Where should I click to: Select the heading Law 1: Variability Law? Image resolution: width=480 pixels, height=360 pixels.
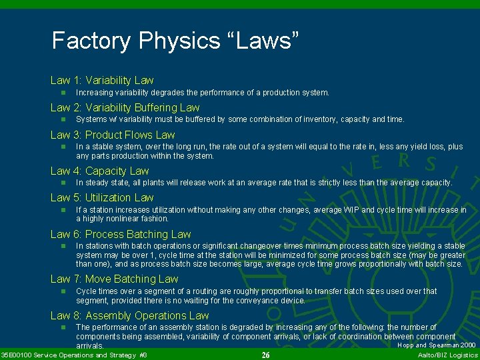click(102, 80)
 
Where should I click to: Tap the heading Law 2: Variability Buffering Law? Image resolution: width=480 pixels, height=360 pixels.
click(125, 107)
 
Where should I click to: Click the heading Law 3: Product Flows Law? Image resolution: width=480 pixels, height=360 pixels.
click(112, 135)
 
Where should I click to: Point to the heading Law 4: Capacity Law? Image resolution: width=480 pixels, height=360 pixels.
click(99, 171)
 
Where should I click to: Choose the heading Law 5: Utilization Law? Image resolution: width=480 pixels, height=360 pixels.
click(102, 197)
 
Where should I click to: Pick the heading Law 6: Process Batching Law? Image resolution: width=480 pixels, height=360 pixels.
click(121, 234)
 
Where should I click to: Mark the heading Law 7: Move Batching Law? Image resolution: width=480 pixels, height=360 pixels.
click(114, 279)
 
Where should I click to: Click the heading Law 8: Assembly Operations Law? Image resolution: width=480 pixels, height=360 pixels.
click(129, 315)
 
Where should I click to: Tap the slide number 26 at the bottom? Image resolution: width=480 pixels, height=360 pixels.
click(265, 355)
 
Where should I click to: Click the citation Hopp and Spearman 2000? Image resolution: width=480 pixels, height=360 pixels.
click(437, 345)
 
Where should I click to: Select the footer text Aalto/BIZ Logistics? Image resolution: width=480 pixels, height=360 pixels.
click(447, 355)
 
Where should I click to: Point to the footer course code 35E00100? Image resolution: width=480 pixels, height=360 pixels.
click(16, 355)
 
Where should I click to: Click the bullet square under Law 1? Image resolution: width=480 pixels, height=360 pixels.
click(62, 93)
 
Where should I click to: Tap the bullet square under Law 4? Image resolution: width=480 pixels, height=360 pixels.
click(62, 183)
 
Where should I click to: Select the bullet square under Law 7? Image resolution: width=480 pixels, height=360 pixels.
click(62, 291)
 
